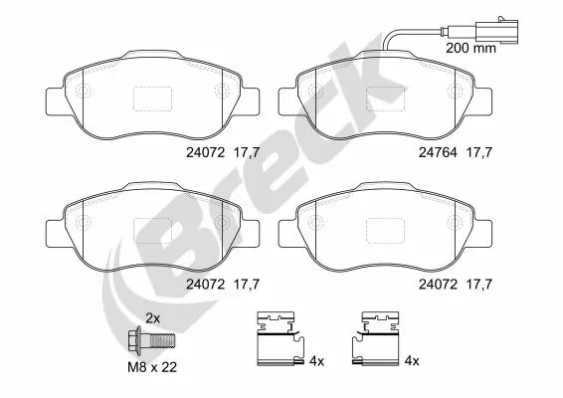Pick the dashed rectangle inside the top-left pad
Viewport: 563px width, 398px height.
pyautogui.click(x=152, y=98)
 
